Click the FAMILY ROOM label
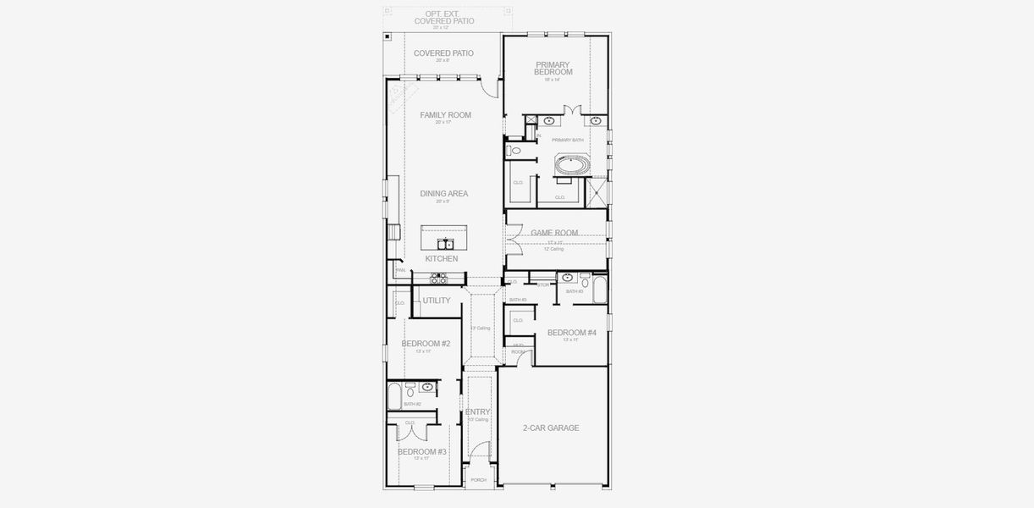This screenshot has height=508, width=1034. click(x=445, y=115)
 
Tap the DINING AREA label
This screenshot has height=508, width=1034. click(x=444, y=194)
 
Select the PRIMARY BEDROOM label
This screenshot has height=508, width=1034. click(x=553, y=69)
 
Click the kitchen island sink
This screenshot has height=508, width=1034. click(x=444, y=245)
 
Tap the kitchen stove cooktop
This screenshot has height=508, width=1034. click(x=438, y=277)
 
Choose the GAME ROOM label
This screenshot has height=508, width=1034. click(x=554, y=233)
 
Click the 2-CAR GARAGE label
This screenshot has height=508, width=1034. click(x=551, y=428)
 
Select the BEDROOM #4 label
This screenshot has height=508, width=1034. click(x=572, y=333)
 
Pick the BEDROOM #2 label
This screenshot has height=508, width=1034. click(x=426, y=344)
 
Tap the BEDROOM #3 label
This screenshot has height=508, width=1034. click(x=421, y=452)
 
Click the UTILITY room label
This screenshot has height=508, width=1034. click(x=437, y=301)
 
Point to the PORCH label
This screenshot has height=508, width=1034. click(x=479, y=480)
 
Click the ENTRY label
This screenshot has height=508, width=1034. click(x=477, y=412)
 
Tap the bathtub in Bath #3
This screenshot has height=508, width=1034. click(x=599, y=290)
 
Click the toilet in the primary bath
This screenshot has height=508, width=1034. click(x=514, y=151)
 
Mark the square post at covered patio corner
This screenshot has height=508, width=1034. click(x=388, y=36)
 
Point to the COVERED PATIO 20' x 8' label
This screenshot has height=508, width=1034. click(x=443, y=53)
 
